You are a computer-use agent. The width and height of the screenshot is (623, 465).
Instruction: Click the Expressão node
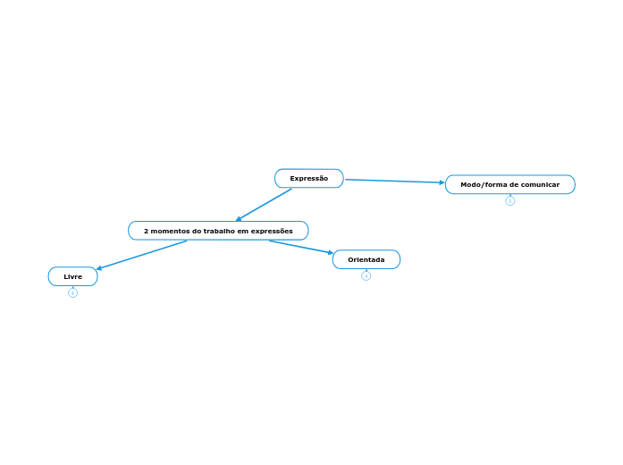click(308, 179)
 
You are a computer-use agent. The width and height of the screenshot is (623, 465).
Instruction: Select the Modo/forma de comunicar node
click(509, 184)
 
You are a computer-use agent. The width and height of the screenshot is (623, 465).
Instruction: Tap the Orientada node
click(366, 259)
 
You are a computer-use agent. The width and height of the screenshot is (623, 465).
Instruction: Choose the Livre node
click(72, 276)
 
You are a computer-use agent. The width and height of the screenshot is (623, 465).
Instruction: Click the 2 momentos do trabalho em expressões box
click(218, 231)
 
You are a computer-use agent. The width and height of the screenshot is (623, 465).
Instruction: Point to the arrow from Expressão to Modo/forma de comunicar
click(393, 181)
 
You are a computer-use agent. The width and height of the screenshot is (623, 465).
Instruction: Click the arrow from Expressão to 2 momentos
click(265, 204)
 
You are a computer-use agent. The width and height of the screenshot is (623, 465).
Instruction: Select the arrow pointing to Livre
click(141, 255)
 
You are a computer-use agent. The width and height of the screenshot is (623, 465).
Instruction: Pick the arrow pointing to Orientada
click(300, 247)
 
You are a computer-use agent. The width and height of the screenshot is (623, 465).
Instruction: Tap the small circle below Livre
click(72, 292)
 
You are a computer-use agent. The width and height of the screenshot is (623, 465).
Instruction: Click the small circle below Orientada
click(366, 275)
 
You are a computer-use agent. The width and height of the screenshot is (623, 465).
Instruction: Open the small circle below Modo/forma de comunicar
click(509, 200)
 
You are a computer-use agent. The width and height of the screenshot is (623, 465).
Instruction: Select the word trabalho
click(213, 231)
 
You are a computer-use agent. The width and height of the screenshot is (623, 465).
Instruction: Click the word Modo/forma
click(483, 184)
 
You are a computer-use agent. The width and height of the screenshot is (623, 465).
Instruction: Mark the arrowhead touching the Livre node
click(99, 268)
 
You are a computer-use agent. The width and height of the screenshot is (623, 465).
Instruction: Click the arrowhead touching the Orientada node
click(330, 253)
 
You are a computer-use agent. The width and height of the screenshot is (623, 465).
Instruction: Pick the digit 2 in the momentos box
click(146, 231)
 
